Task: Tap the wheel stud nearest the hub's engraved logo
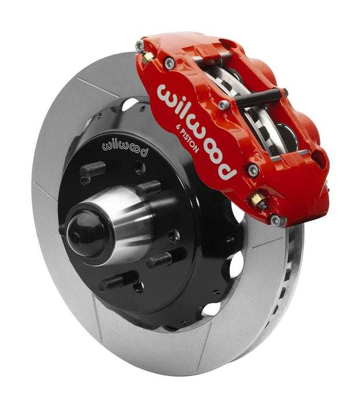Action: coord(93,170)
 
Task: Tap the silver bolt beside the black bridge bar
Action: coord(224,105)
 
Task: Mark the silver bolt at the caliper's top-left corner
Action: coord(140,45)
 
